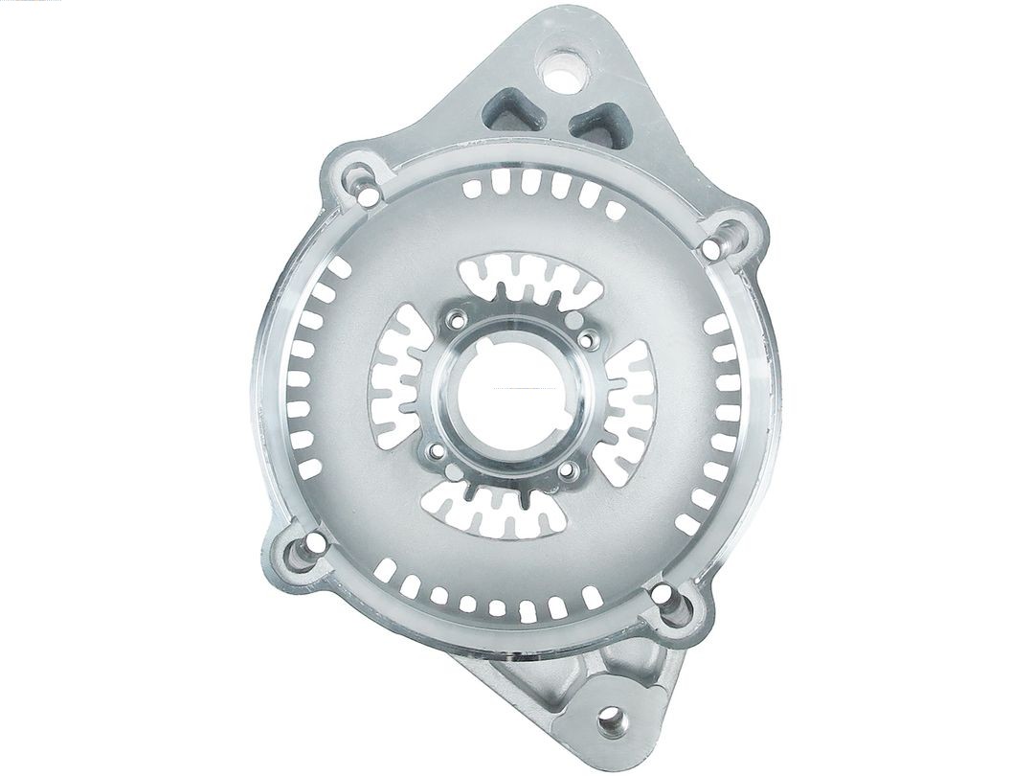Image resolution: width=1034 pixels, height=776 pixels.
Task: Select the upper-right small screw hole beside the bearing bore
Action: [x=585, y=337]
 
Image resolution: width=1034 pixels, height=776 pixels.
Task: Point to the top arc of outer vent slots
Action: [x=536, y=187]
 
